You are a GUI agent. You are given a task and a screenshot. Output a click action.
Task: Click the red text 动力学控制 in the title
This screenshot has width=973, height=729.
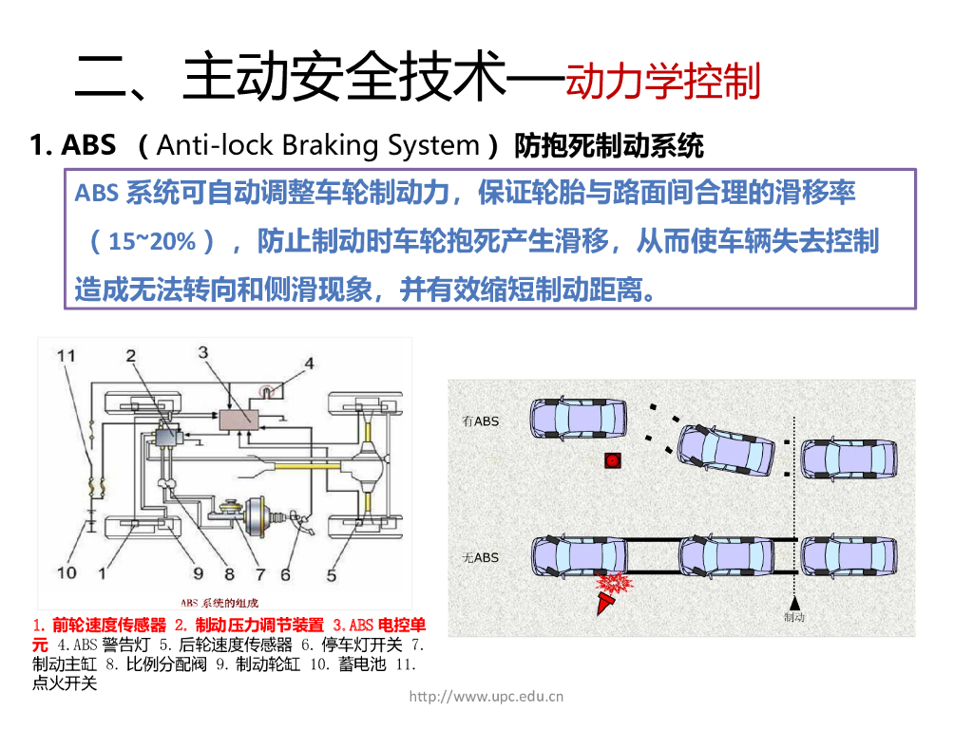(663, 82)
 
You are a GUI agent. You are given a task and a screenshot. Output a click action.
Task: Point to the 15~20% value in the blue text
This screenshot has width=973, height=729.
(152, 241)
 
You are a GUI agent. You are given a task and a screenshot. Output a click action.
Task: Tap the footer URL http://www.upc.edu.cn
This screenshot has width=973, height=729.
(486, 696)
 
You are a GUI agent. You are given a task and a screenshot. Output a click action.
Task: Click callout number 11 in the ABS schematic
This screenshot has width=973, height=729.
(65, 356)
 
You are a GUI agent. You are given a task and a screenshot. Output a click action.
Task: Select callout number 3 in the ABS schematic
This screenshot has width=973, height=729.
(202, 352)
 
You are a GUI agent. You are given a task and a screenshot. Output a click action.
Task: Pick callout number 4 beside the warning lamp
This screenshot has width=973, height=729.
(308, 363)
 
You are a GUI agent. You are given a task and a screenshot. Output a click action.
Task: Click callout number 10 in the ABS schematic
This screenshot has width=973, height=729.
(66, 572)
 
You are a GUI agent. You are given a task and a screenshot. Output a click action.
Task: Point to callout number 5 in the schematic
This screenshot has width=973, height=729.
(331, 573)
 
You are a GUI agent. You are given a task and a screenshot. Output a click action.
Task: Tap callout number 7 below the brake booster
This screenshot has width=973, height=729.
(258, 573)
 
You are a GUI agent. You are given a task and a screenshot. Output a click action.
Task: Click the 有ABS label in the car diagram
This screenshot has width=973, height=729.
(480, 421)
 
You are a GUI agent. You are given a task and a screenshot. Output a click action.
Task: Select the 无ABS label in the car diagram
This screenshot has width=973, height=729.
(480, 557)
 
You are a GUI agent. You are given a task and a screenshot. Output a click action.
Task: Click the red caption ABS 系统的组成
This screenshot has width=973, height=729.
(219, 603)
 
